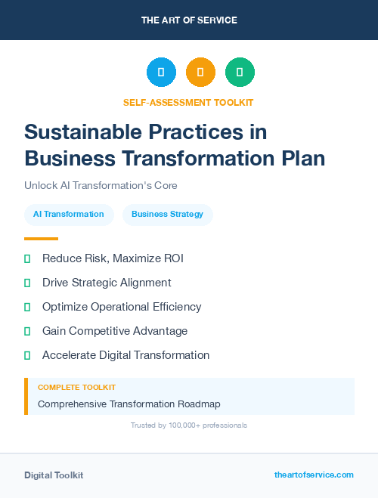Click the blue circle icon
(161, 73)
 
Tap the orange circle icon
(200, 73)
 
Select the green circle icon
(240, 73)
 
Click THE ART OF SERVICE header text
(189, 20)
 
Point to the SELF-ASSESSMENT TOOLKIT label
(189, 102)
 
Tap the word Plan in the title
(299, 159)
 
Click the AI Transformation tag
(69, 214)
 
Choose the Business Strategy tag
(167, 214)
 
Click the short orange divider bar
(41, 239)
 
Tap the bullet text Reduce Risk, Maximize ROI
(113, 258)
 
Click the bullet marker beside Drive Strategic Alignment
(27, 283)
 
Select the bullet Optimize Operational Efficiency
(122, 307)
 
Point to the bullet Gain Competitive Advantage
(115, 331)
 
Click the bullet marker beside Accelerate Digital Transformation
(27, 355)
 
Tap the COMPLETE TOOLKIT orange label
(76, 387)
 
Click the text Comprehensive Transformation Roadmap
(129, 404)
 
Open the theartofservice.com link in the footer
(314, 475)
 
